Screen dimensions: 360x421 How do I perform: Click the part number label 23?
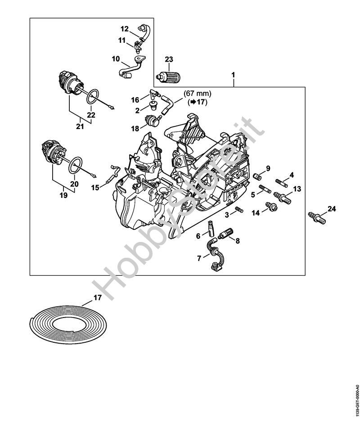[x=169, y=59]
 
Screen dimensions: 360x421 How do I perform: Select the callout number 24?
[x=332, y=208]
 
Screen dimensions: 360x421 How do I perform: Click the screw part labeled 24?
[x=317, y=218]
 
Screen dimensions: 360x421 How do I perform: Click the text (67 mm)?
[x=198, y=94]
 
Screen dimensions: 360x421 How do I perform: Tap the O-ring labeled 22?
[x=92, y=96]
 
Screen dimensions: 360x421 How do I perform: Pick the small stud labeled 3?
[x=239, y=210]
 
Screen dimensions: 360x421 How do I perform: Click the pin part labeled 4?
[x=282, y=184]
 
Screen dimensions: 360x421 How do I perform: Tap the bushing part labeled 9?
[x=257, y=177]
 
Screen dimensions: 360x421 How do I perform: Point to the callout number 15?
[x=95, y=188]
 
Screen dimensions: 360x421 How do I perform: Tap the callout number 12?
[x=124, y=29]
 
